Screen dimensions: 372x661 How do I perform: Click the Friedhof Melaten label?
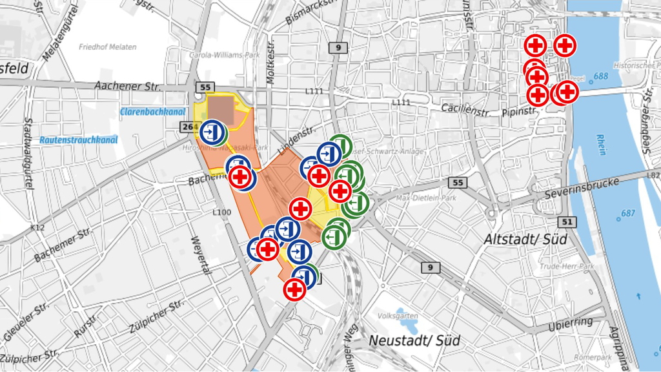pos(107,47)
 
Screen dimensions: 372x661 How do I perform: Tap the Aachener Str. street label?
pos(127,86)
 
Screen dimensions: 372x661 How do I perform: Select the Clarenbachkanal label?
pos(148,112)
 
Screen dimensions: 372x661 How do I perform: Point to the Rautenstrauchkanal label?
pos(77,139)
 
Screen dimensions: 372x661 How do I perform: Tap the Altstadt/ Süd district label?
pos(525,239)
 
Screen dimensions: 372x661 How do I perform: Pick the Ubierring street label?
pos(571,322)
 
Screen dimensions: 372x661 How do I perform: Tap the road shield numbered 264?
pos(187,127)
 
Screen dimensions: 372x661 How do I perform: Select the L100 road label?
pos(221,212)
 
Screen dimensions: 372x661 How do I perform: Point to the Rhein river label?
pos(602,145)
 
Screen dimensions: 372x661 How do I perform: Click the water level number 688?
pos(600,76)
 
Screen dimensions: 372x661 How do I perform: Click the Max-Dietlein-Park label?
pos(425,198)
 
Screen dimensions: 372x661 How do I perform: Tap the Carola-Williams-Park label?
pos(224,56)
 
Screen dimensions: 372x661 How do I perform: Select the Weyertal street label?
pos(199,254)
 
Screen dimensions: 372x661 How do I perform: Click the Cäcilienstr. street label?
pos(465,110)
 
